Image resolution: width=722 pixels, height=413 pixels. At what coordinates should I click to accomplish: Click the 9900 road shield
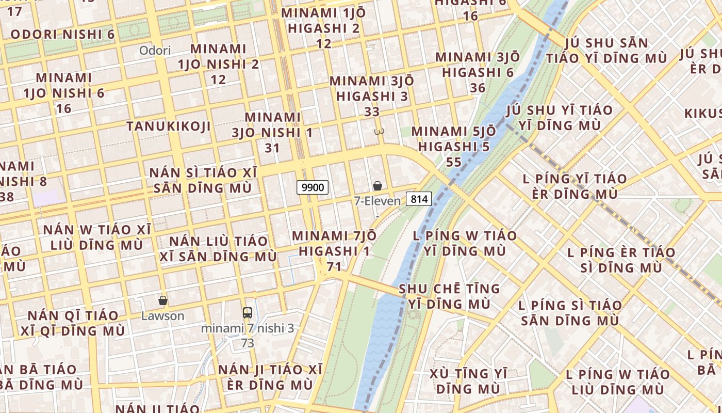[313, 187]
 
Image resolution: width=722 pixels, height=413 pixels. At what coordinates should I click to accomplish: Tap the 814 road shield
[418, 198]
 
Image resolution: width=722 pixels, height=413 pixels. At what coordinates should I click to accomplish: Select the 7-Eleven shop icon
[378, 186]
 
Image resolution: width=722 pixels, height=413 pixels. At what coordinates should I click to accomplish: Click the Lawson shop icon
[163, 300]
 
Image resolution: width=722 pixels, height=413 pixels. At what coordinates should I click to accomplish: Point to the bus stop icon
[248, 312]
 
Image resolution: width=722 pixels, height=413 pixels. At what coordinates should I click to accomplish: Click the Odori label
[155, 50]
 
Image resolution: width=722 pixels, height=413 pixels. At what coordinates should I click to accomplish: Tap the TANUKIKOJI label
[169, 126]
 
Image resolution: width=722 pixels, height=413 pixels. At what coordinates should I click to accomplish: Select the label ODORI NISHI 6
[62, 35]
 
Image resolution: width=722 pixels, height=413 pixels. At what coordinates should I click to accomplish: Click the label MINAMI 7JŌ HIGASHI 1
[334, 243]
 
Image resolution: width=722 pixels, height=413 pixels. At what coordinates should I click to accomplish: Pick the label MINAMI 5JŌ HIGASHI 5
[454, 139]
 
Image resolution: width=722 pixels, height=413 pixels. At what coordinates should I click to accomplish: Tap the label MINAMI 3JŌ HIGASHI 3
[371, 88]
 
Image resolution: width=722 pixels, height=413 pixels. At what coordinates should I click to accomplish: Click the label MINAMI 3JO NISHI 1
[272, 124]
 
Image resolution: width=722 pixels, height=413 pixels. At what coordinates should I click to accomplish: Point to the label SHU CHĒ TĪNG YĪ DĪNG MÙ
[449, 296]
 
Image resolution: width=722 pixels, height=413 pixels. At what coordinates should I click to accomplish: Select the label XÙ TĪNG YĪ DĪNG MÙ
[469, 380]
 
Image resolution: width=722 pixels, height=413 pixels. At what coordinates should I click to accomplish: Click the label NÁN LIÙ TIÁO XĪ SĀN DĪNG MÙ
[218, 248]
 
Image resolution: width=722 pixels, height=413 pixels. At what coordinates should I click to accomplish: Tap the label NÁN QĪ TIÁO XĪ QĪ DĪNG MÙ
[73, 323]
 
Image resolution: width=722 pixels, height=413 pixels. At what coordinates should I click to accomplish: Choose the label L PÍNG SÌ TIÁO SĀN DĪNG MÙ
[570, 312]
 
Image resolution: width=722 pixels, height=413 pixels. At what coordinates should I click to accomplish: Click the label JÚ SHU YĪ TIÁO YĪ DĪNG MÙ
[560, 117]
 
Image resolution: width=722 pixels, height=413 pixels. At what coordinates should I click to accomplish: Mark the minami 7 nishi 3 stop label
[248, 328]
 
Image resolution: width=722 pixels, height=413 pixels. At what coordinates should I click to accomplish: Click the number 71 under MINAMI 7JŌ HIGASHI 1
[334, 266]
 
